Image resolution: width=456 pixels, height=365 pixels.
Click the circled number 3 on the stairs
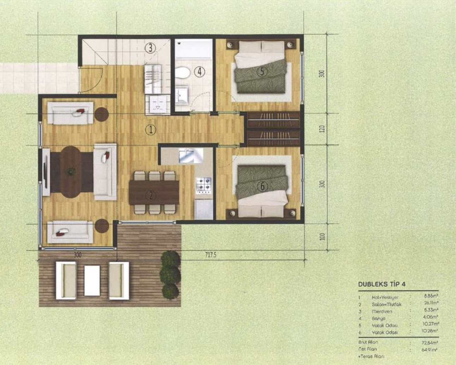[x=150, y=48]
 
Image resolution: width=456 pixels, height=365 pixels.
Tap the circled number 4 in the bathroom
[x=199, y=72]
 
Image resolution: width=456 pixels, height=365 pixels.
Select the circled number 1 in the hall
[x=150, y=130]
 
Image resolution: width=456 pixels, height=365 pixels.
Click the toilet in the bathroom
[x=183, y=73]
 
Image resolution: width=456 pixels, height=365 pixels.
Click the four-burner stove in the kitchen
[x=204, y=185]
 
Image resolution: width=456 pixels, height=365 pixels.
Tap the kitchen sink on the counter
[x=187, y=155]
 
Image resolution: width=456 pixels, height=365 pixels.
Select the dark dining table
[x=154, y=192]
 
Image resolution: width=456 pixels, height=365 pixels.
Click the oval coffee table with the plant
[x=72, y=172]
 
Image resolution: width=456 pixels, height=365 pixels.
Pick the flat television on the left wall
[x=45, y=172]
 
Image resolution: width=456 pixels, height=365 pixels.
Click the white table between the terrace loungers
[x=92, y=280]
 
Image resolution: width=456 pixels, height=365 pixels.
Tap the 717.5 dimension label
[x=210, y=255]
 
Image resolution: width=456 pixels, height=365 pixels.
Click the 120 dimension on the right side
[x=321, y=129]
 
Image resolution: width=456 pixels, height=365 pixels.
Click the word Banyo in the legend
[x=379, y=318]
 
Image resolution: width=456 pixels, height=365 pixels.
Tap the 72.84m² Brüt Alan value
[x=430, y=342]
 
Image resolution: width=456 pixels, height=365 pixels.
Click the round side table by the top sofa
[x=101, y=114]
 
